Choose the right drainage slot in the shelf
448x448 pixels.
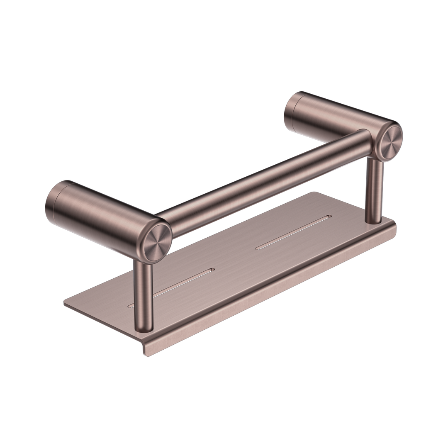tap(292, 232)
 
